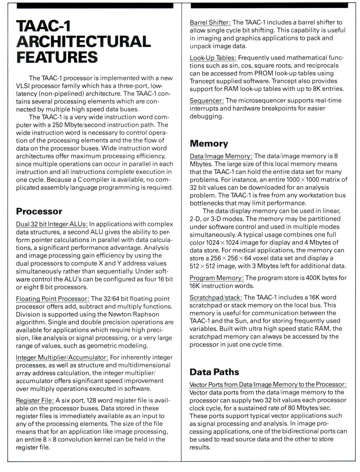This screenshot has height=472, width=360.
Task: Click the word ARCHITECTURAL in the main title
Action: point(83,41)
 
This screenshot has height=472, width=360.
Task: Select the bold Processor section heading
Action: point(39,212)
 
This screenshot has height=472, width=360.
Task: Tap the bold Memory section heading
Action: point(209,144)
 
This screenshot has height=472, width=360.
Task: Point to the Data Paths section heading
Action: point(214,372)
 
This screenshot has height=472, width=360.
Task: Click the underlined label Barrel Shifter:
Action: point(210,23)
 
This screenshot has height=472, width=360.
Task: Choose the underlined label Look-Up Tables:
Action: point(213,58)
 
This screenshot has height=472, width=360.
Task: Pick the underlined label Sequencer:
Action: point(207,101)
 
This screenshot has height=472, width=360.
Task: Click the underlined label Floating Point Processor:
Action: point(53,299)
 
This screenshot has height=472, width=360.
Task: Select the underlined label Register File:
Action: point(35,401)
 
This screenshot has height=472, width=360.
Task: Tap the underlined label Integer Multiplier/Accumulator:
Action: point(62,358)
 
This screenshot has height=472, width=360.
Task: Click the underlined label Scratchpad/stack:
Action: point(216,298)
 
